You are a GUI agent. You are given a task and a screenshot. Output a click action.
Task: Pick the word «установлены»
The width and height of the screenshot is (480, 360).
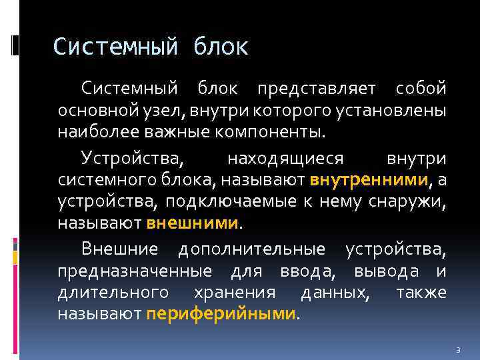pos(387,109)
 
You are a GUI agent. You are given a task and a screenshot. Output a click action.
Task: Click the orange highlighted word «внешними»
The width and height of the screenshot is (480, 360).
pos(192,221)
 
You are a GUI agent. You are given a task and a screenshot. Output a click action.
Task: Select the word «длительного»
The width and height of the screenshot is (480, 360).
pos(113,292)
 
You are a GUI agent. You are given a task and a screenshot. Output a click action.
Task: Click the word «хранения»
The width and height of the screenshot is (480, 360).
pos(234,292)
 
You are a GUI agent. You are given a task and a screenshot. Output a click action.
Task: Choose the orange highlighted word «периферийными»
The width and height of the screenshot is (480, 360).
pos(221,313)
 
